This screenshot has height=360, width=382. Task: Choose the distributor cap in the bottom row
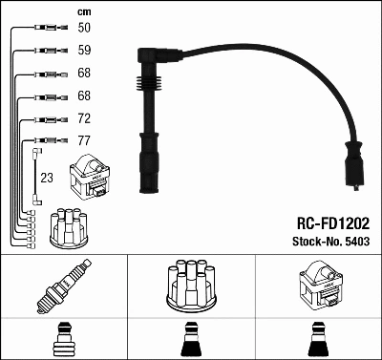190,286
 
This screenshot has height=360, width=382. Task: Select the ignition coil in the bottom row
317,286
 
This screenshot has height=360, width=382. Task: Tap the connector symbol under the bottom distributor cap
190,340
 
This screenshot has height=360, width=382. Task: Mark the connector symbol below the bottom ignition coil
317,340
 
